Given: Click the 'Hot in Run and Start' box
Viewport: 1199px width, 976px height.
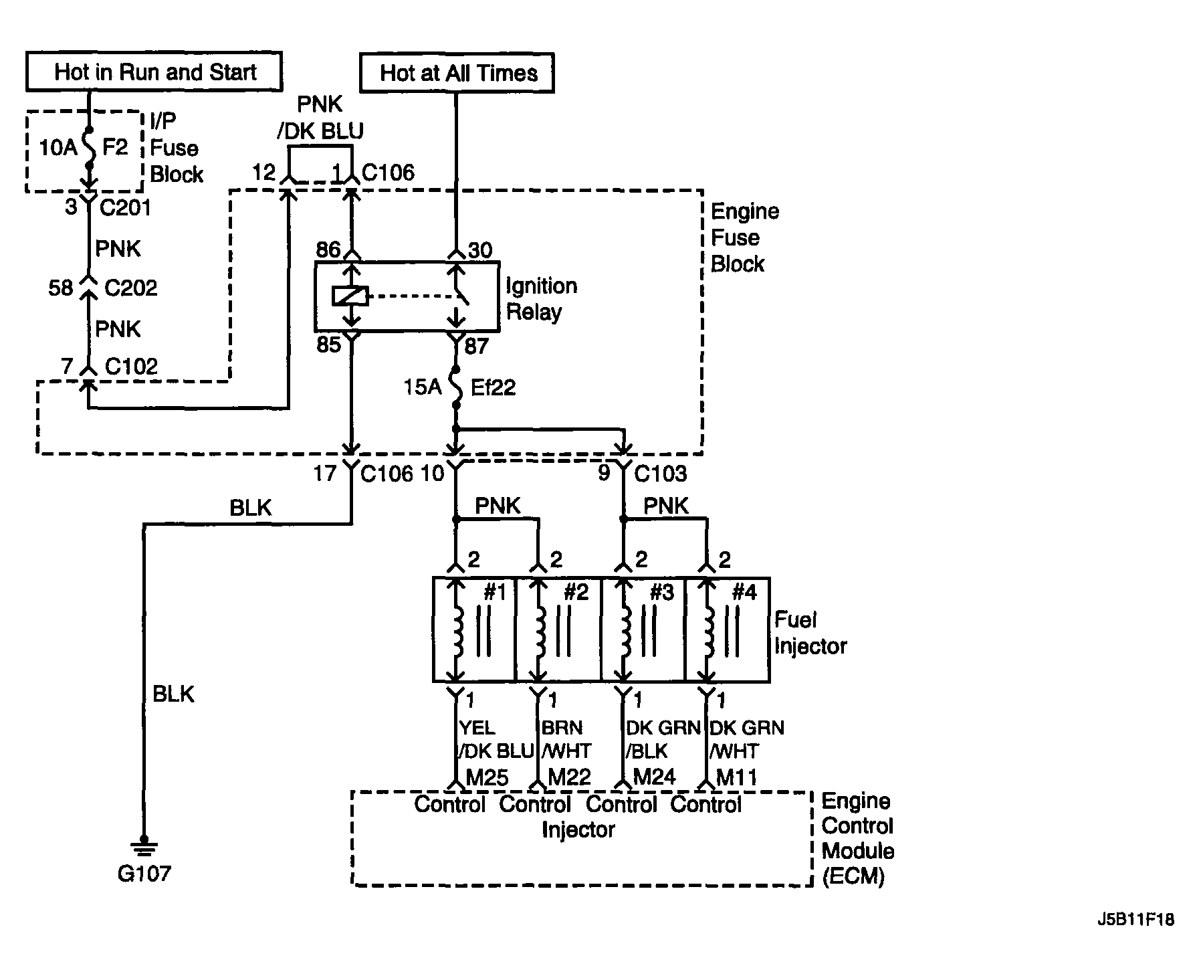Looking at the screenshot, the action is (154, 71).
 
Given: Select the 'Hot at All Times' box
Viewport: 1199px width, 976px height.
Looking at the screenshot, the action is (457, 72).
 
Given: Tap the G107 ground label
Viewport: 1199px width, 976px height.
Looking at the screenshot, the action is (144, 873).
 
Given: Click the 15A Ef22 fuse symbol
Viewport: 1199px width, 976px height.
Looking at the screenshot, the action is (456, 387).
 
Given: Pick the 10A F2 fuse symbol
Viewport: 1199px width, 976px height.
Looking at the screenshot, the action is (89, 147).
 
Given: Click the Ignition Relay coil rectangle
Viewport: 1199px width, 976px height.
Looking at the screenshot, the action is (350, 295).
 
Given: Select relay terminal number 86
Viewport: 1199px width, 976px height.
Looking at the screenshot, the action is (328, 250).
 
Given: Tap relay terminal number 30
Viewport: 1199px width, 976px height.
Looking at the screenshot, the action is (480, 250).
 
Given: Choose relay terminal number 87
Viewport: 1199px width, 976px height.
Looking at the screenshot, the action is (477, 346).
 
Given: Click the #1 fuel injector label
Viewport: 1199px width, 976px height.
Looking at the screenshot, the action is (494, 592).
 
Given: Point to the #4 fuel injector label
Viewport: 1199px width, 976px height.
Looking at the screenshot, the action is (744, 592).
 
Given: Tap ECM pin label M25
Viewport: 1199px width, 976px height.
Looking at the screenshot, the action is (487, 777).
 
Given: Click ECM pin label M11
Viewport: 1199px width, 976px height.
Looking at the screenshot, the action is (736, 777).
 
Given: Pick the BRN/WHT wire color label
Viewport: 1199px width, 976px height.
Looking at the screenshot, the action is (566, 739).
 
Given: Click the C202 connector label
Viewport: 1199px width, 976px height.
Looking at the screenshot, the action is (131, 288).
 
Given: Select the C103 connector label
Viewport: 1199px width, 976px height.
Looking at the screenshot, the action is (660, 474).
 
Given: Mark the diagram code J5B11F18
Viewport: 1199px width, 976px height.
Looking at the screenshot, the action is (1135, 920).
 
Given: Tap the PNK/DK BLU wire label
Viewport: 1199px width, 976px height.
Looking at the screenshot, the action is (321, 117).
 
